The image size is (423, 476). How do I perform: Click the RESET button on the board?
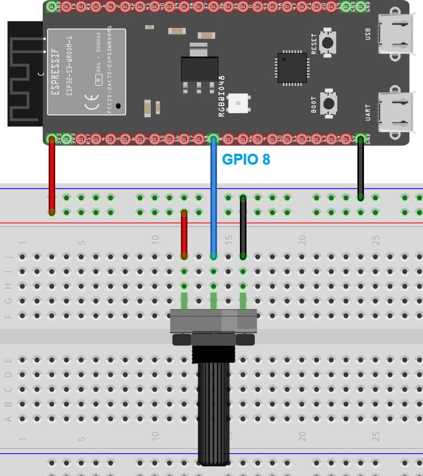click(328, 42)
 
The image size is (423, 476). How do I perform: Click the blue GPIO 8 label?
click(246, 160)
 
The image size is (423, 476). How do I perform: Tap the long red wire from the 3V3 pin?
click(52, 175)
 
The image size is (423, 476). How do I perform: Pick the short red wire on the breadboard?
click(184, 234)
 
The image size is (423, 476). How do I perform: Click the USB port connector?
click(396, 34)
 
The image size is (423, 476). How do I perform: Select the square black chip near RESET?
click(292, 68)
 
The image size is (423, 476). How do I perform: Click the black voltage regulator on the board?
click(199, 69)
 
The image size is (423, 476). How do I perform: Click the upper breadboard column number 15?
click(228, 240)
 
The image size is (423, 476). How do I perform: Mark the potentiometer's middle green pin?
click(214, 300)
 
